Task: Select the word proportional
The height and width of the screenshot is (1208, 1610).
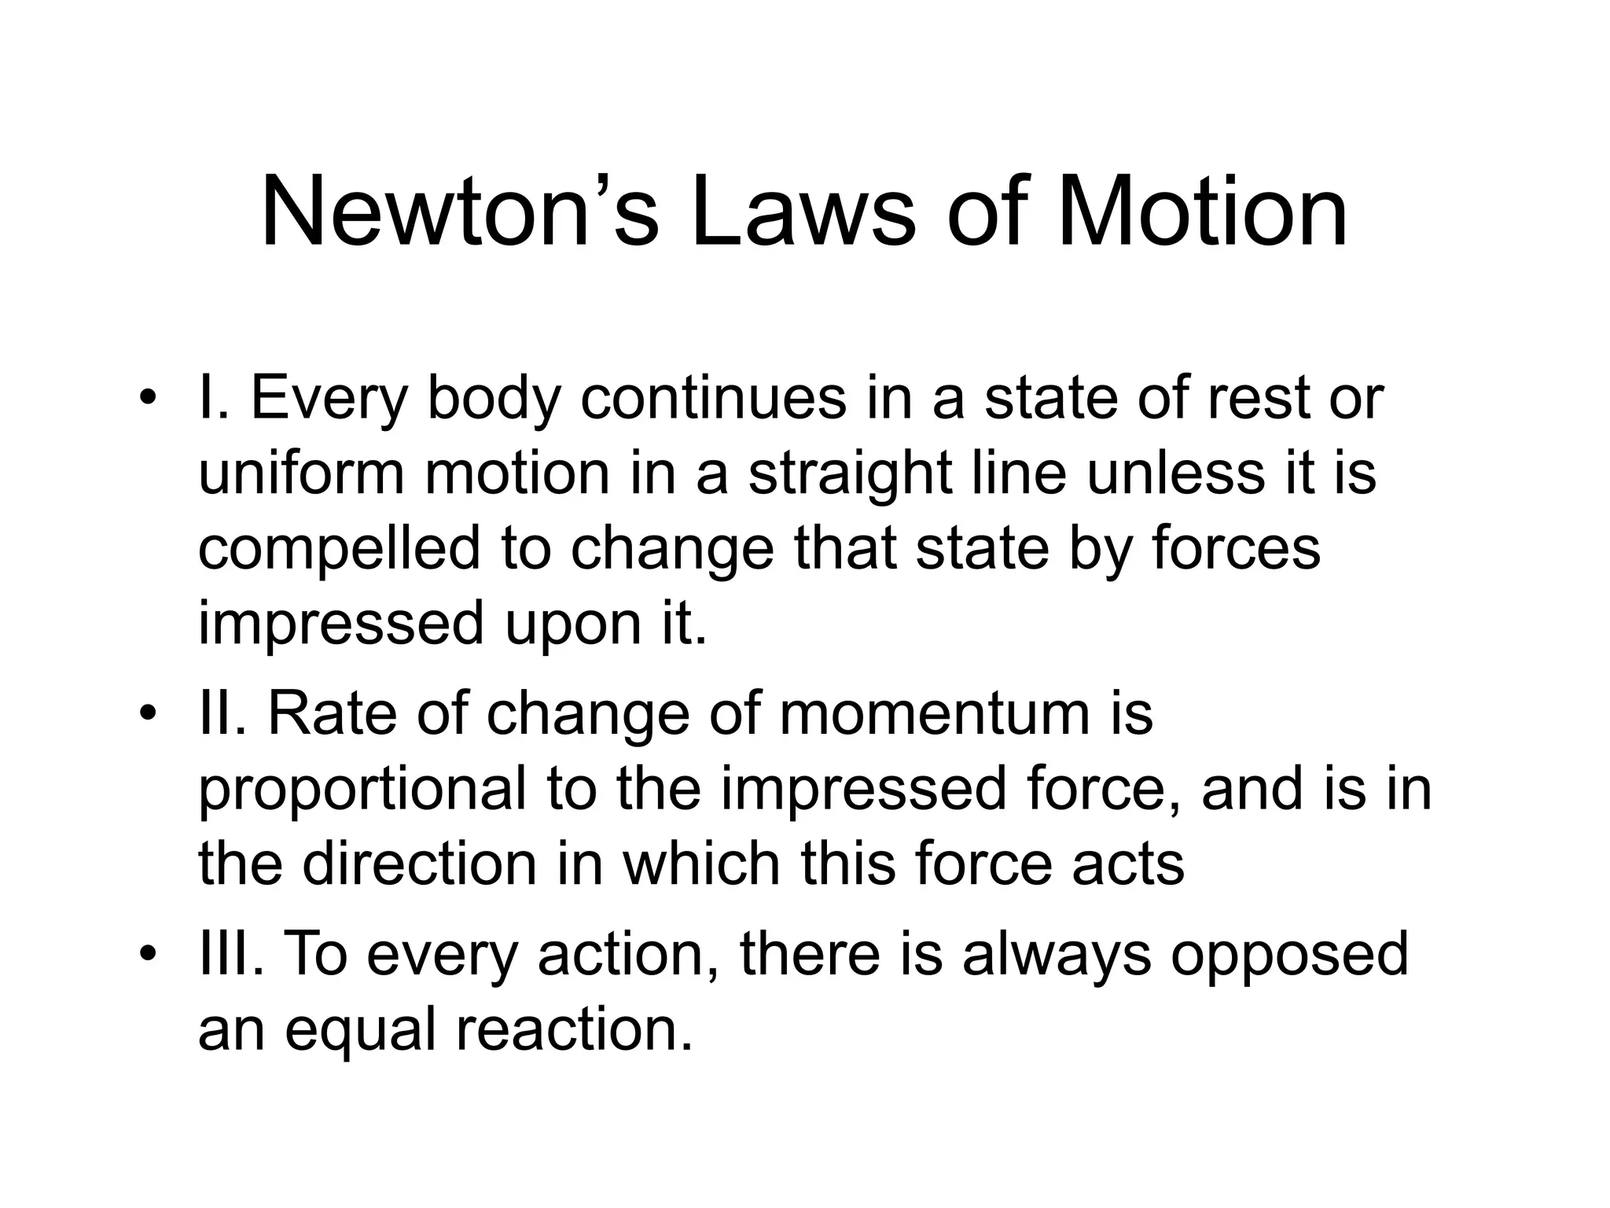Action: pyautogui.click(x=362, y=791)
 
